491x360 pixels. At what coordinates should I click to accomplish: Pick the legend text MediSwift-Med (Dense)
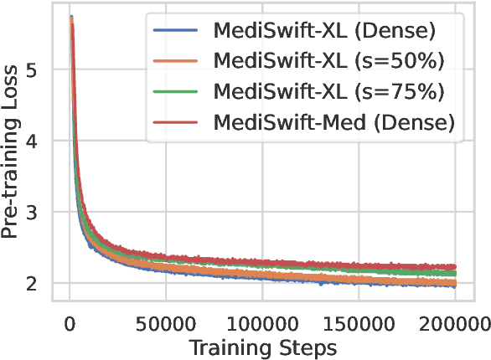click(334, 122)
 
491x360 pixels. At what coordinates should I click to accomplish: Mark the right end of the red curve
click(455, 266)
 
